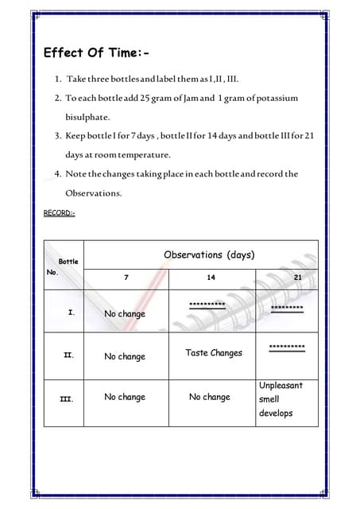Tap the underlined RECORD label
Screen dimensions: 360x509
60,212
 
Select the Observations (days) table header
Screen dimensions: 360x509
209,254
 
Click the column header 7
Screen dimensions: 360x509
126,277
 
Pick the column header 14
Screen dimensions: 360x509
213,277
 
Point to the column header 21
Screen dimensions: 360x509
296,277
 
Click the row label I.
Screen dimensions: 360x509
72,313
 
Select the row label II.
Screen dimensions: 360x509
69,356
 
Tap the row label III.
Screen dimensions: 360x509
68,398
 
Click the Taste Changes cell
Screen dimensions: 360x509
213,352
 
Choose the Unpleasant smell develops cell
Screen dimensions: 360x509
281,399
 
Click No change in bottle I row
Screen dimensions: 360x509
125,314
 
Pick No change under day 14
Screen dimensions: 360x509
210,397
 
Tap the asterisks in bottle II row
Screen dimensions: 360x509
287,348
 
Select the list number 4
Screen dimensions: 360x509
58,173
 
